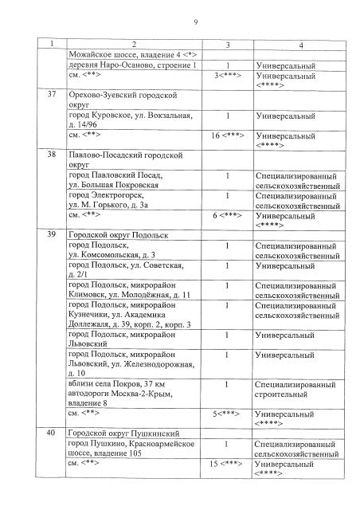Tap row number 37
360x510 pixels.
tap(53, 95)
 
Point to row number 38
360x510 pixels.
tap(53, 155)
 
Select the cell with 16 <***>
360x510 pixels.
tap(228, 136)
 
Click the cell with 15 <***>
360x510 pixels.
tap(228, 463)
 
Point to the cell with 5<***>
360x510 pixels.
tap(228, 414)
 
